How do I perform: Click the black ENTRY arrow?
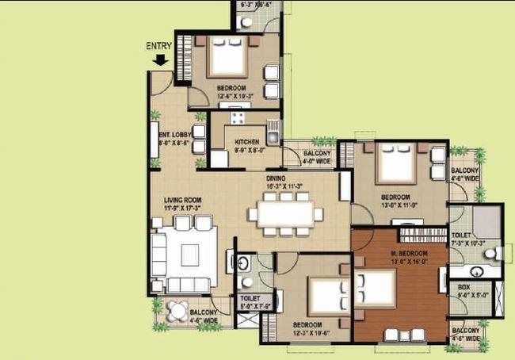click(x=161, y=59)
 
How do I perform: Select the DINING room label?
click(x=277, y=180)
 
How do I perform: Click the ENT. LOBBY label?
click(x=174, y=136)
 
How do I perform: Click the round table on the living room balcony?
click(x=179, y=311)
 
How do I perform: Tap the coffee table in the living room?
click(x=190, y=254)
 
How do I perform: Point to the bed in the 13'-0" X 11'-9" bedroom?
click(x=395, y=165)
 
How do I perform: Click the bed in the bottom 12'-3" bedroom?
click(x=326, y=295)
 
